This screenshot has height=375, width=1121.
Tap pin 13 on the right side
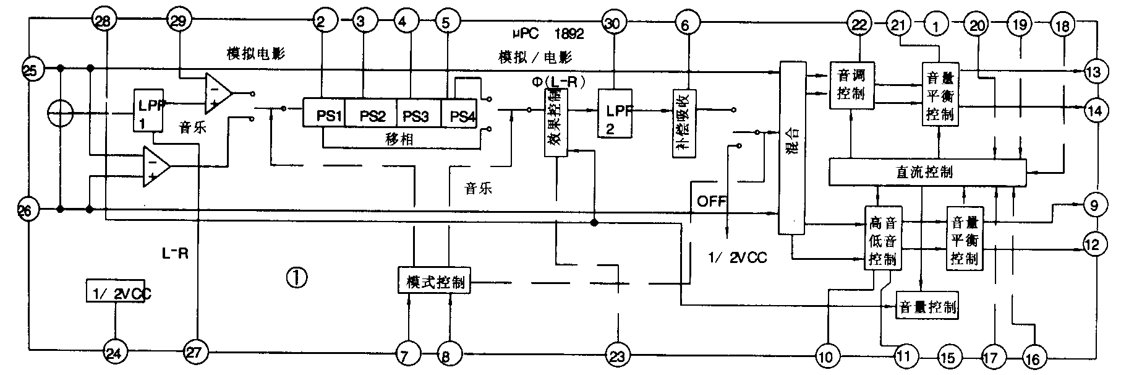(x=1094, y=72)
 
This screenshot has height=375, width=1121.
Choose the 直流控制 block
(x=926, y=171)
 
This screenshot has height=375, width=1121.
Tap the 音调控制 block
(x=851, y=85)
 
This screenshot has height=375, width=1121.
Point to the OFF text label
(x=712, y=201)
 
